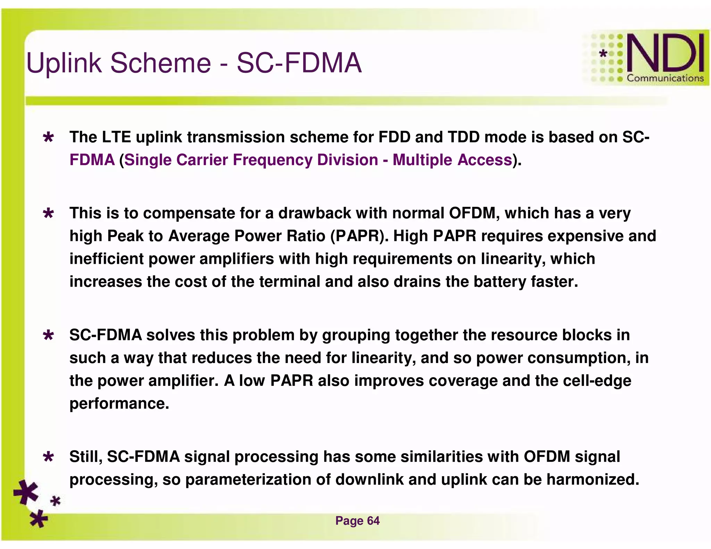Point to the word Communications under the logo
point(665,78)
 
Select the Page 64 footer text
point(357,521)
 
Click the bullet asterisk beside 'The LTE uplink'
point(48,138)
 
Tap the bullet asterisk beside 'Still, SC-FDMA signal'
point(48,457)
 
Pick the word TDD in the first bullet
point(464,137)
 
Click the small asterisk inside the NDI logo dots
point(603,53)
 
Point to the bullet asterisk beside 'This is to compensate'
point(48,213)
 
